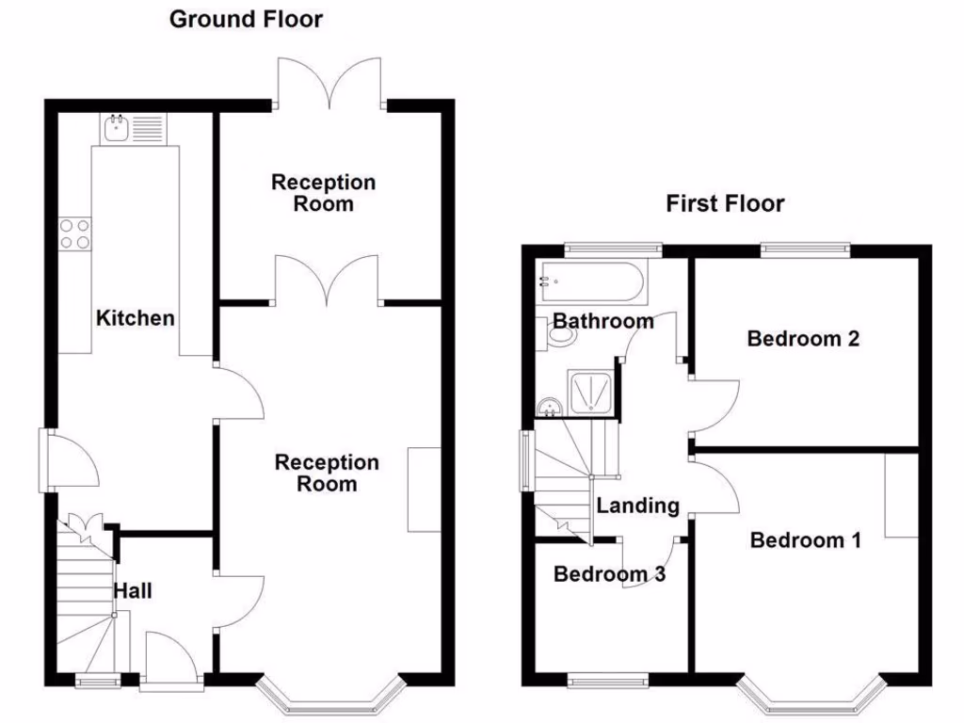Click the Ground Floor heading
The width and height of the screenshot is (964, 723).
click(x=246, y=19)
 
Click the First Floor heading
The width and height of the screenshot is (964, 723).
click(x=725, y=203)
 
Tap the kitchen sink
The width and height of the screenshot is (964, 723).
click(x=118, y=129)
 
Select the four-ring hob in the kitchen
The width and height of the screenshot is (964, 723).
click(x=75, y=233)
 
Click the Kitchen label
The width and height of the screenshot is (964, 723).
click(x=136, y=318)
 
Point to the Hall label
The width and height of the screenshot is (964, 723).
click(x=133, y=591)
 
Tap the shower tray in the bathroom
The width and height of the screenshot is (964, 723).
click(x=590, y=393)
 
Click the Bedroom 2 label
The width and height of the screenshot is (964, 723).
click(x=803, y=338)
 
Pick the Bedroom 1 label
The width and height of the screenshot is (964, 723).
click(x=806, y=540)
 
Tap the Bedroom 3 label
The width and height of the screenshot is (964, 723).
click(x=610, y=573)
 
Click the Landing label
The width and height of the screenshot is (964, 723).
click(x=637, y=506)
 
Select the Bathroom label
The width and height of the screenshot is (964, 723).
click(x=602, y=321)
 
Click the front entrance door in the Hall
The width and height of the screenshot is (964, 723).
click(x=173, y=659)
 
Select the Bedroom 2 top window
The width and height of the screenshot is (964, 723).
click(x=805, y=249)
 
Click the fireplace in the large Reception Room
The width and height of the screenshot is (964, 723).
click(x=423, y=490)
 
